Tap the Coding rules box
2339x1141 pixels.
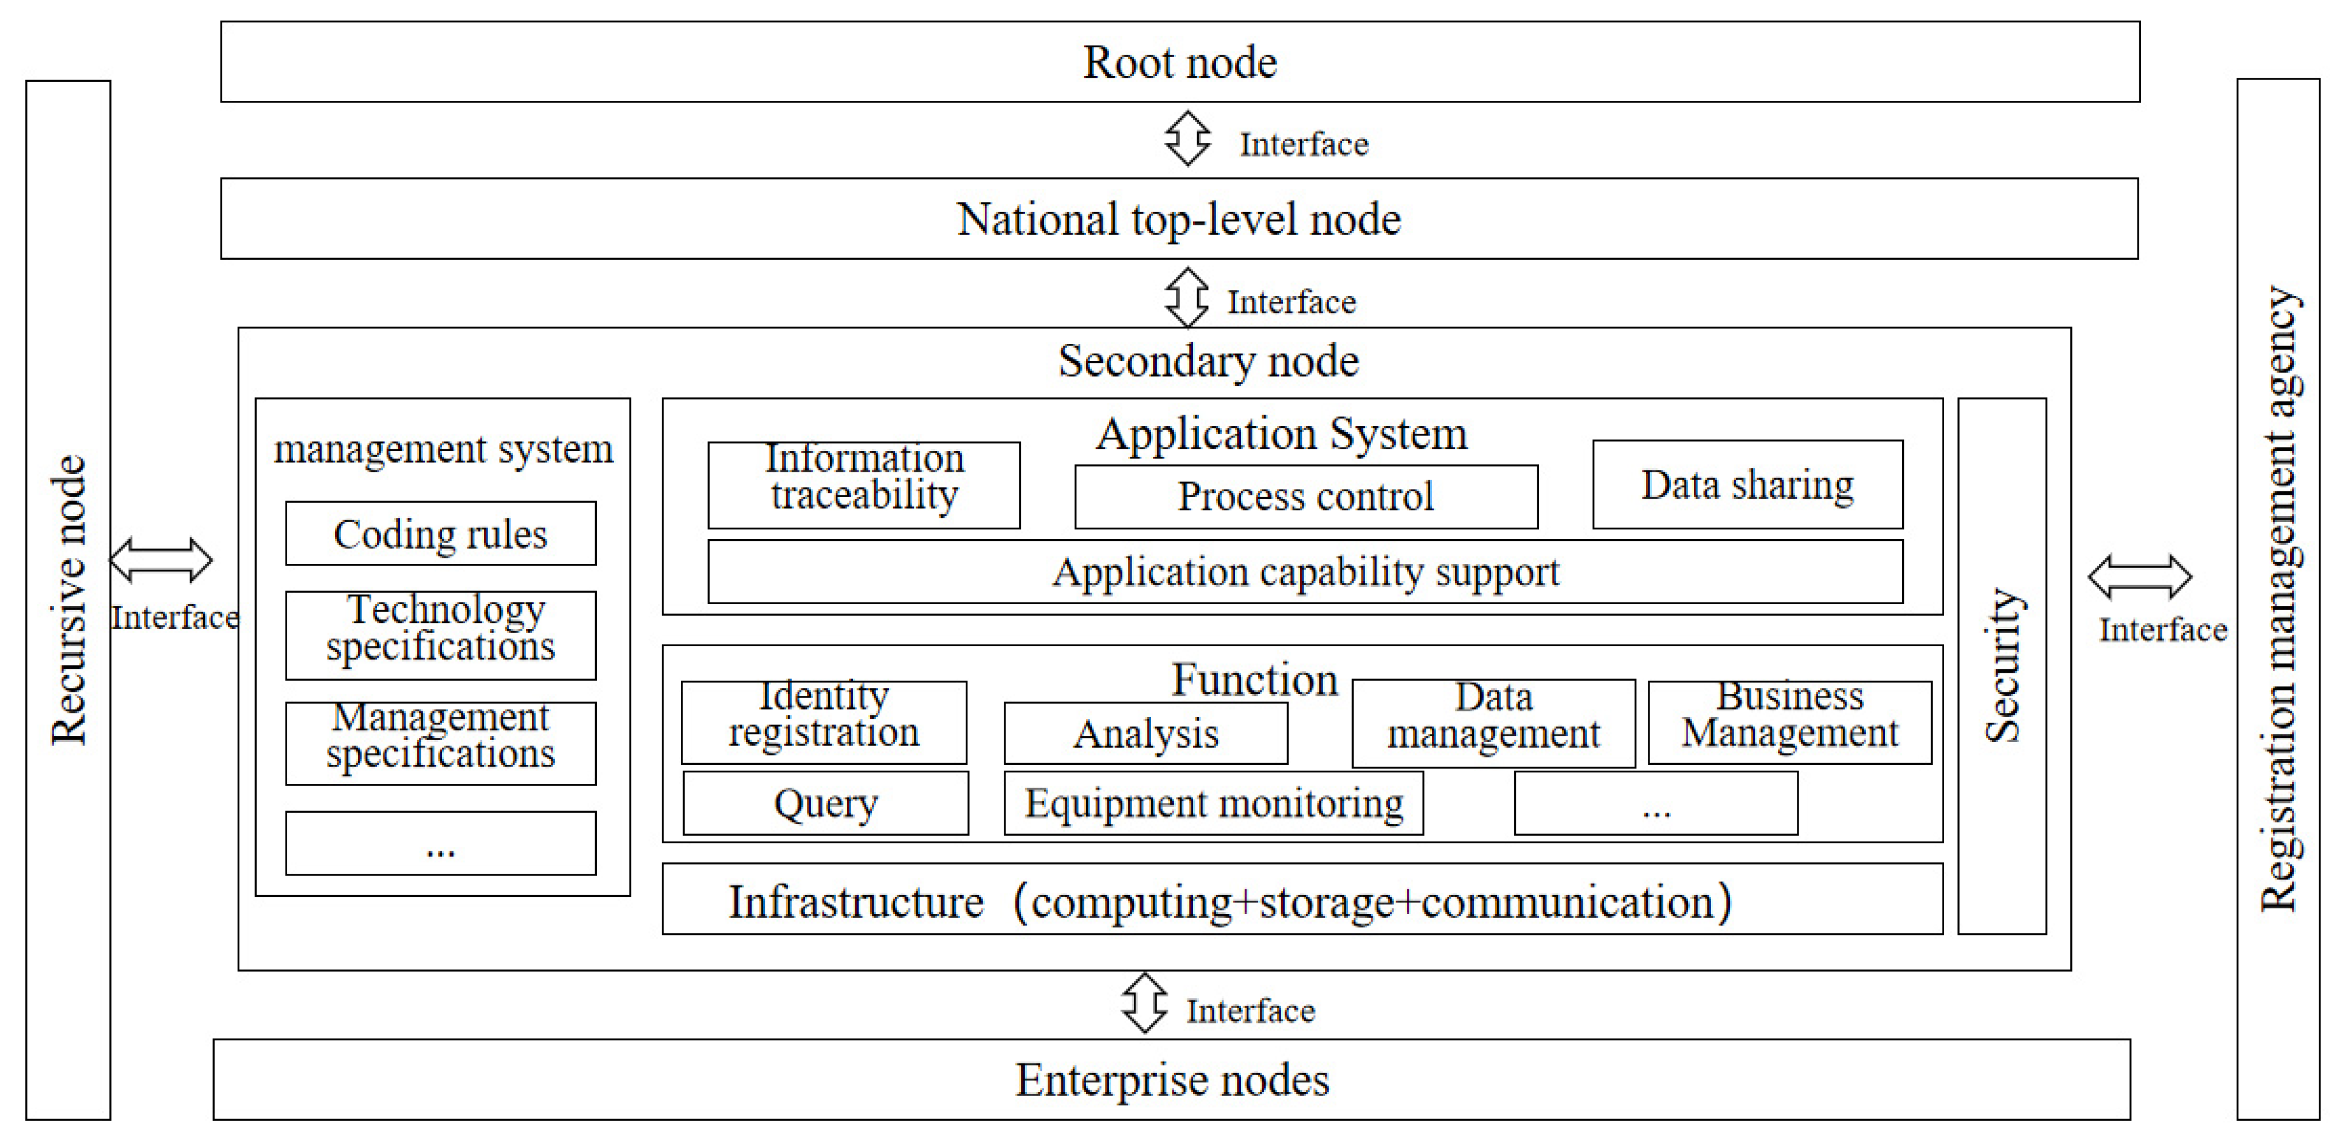[x=440, y=533]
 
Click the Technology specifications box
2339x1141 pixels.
[x=440, y=635]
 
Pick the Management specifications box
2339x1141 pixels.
[x=440, y=742]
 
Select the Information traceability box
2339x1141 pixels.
[x=863, y=484]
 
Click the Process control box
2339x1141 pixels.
[x=1306, y=497]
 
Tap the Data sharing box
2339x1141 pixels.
[x=1747, y=484]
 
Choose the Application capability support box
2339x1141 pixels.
[x=1305, y=571]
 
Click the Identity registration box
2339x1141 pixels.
[x=824, y=722]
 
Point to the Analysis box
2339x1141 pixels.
[x=1145, y=733]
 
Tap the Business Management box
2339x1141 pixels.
[x=1789, y=722]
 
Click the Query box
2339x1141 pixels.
[x=825, y=803]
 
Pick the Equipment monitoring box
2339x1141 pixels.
[x=1213, y=803]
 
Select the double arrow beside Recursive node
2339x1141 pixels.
[x=161, y=560]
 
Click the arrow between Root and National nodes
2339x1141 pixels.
[x=1187, y=139]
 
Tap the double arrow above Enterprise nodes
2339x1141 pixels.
[x=1144, y=1003]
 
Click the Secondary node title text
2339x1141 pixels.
[x=1207, y=361]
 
